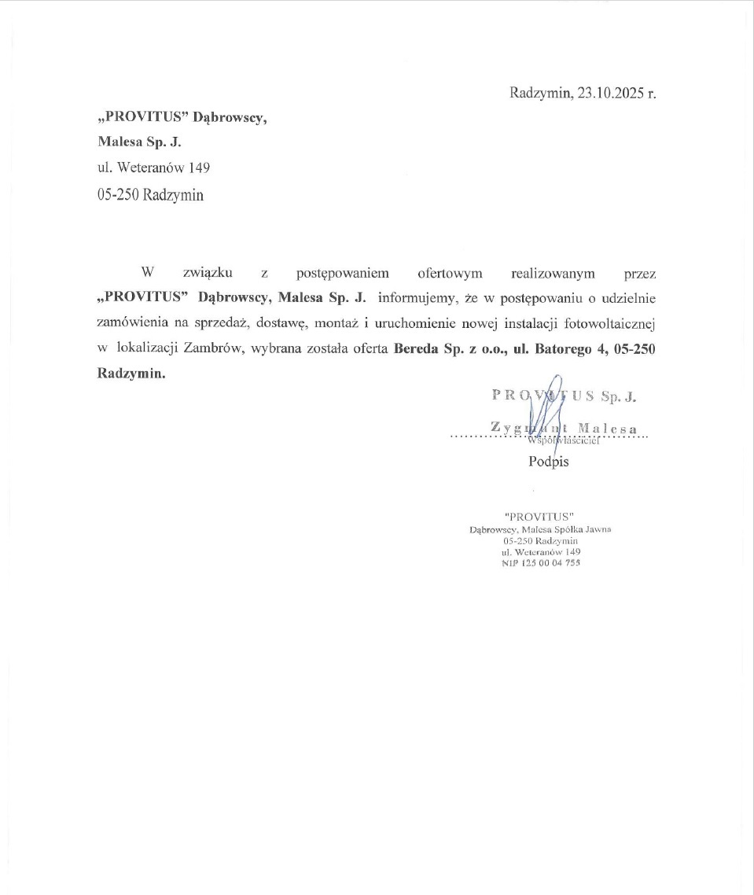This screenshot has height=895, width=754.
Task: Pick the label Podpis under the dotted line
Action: point(548,462)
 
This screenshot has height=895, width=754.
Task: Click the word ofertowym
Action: point(450,274)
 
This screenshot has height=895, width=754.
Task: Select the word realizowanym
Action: point(553,274)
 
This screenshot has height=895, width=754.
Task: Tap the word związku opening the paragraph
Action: point(207,274)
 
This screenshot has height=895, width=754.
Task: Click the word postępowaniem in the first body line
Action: point(342,274)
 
